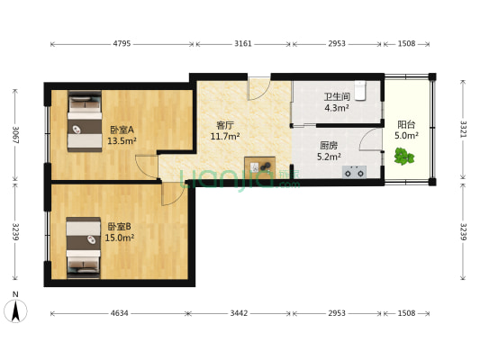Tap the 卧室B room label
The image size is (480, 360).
(120, 227)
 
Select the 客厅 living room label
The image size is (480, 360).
(224, 125)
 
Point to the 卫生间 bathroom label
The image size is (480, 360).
(336, 97)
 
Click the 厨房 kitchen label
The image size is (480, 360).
(329, 145)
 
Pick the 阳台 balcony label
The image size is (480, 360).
(406, 125)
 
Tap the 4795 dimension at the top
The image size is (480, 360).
(122, 42)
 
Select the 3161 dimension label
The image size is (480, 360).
(243, 42)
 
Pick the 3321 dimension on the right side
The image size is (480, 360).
(463, 127)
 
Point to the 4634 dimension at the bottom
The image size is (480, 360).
(119, 313)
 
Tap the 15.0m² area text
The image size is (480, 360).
(120, 238)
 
